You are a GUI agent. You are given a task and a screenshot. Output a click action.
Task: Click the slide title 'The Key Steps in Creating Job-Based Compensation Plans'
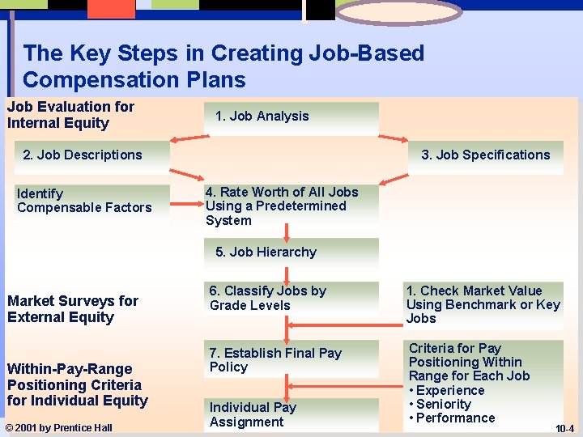tap(223, 66)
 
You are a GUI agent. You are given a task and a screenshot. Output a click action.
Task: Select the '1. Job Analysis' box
tap(291, 117)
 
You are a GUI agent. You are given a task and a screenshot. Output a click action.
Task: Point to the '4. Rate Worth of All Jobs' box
tap(291, 206)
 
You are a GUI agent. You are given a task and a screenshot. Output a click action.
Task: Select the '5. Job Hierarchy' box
tap(291, 252)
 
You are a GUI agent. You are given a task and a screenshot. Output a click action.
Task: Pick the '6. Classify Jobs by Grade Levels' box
tap(291, 298)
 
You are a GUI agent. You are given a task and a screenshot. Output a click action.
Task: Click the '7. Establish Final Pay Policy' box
tap(291, 360)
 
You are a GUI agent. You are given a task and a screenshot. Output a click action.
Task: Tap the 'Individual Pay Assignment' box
tap(291, 414)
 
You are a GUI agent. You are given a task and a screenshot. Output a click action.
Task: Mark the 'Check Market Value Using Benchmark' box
tap(483, 304)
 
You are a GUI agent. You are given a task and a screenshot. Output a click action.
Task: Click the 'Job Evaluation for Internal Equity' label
tap(70, 115)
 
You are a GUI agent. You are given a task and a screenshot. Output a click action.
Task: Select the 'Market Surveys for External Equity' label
tap(73, 309)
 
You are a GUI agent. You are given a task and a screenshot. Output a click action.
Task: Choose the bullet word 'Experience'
tap(450, 390)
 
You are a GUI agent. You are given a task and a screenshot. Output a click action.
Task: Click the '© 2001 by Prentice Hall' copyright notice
tap(60, 427)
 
